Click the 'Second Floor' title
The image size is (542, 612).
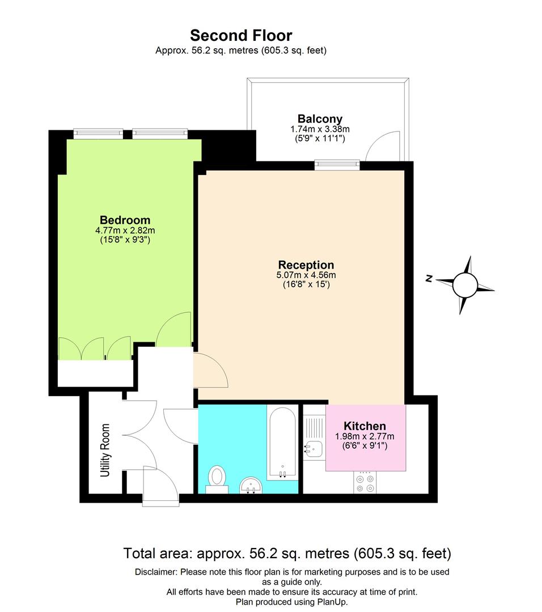(x=241, y=36)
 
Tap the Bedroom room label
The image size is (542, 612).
(x=125, y=220)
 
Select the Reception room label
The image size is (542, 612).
(x=306, y=265)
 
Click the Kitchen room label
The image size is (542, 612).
(x=365, y=426)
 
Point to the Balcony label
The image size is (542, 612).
(x=320, y=119)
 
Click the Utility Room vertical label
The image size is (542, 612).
(x=105, y=450)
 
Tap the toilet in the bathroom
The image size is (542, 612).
(x=216, y=476)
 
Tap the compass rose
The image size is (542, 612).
(x=465, y=284)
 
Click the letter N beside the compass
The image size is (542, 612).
(x=430, y=279)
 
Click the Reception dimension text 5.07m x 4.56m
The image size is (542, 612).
(x=306, y=275)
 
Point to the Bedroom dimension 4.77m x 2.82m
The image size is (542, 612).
(x=125, y=231)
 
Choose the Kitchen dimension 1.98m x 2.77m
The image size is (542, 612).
(x=365, y=436)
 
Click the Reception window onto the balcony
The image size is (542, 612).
(x=338, y=164)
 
